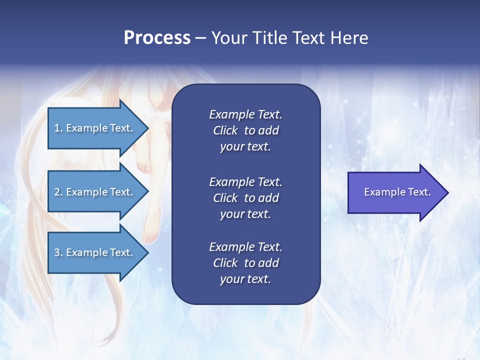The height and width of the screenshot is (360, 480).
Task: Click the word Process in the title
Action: pos(157,38)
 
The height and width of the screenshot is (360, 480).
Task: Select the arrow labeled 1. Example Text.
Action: pos(95,128)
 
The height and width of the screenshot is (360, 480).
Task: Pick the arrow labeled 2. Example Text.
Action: pos(95,192)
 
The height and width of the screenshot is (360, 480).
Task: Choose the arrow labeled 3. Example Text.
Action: pos(95,252)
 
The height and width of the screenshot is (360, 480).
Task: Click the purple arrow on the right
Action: pos(395,192)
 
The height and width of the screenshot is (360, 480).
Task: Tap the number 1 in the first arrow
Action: pos(56,128)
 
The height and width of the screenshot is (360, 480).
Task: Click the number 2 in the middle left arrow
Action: pos(57,192)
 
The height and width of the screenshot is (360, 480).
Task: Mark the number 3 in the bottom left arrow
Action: pos(57,252)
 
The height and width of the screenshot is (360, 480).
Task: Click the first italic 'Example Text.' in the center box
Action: pos(245,114)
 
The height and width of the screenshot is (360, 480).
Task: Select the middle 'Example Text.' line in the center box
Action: pos(245,182)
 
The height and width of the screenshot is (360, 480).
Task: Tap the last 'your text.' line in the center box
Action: pos(245,279)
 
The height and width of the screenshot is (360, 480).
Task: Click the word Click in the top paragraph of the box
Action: pos(225,130)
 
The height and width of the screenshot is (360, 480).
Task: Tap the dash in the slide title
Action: pos(200,38)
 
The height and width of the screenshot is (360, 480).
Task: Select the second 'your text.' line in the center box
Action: pos(245,214)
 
